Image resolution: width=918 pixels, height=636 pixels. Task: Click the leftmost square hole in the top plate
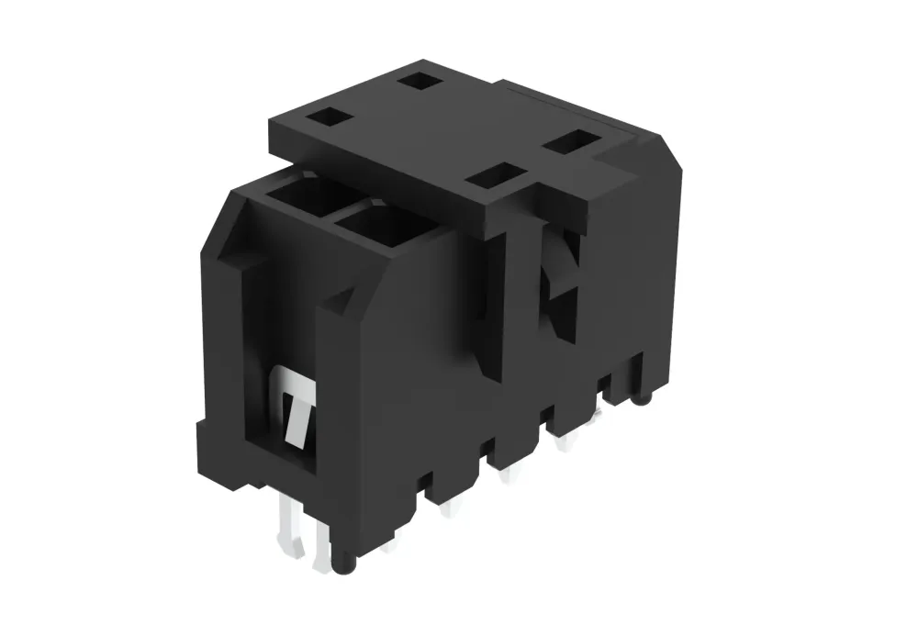point(326,117)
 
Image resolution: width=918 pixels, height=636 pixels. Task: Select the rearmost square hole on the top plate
point(420,82)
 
